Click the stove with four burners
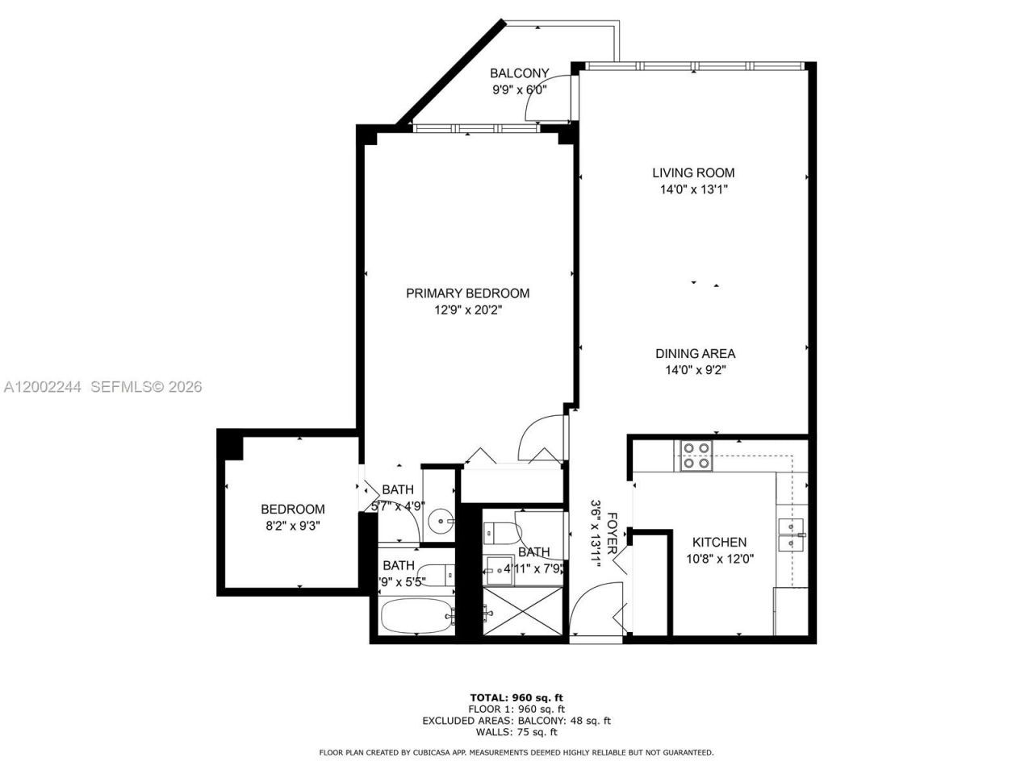pyautogui.click(x=696, y=456)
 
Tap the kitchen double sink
pyautogui.click(x=791, y=535)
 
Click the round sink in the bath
pyautogui.click(x=440, y=522)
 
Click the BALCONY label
pyautogui.click(x=520, y=73)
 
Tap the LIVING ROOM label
pyautogui.click(x=693, y=173)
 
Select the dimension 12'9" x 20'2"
pyautogui.click(x=467, y=310)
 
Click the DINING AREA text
pyautogui.click(x=695, y=353)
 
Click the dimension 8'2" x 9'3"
pyautogui.click(x=292, y=526)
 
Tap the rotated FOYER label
pyautogui.click(x=613, y=532)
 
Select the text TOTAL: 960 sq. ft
pyautogui.click(x=516, y=697)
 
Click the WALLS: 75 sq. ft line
pyautogui.click(x=516, y=732)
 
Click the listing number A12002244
pyautogui.click(x=42, y=387)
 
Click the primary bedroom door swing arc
pyautogui.click(x=537, y=435)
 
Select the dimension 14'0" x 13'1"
pyautogui.click(x=693, y=190)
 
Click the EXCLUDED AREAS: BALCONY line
pyautogui.click(x=516, y=721)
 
